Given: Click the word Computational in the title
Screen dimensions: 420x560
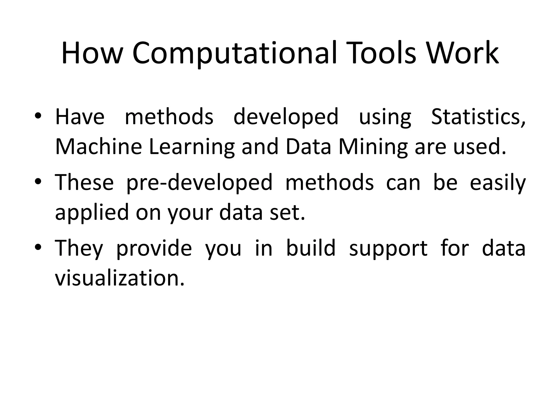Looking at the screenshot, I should (234, 53).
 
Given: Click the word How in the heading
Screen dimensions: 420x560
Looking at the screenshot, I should (92, 53).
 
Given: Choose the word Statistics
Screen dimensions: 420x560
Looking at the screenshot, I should (478, 117).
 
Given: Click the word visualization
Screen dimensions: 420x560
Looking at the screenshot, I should (120, 278).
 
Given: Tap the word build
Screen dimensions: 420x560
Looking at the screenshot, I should (311, 248).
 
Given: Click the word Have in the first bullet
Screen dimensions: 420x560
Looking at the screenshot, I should (80, 117).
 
